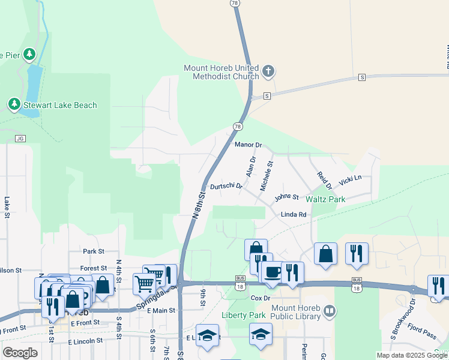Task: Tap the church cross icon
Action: pos(268,72)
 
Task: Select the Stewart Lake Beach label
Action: pos(60,105)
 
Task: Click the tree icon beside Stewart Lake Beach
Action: pos(14,104)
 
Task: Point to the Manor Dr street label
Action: pos(249,145)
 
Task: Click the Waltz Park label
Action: pos(325,199)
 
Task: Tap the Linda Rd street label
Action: pos(294,214)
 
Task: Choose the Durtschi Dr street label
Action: pos(226,186)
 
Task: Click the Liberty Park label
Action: pos(243,315)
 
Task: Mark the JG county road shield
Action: pos(20,139)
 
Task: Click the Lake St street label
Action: pos(8,207)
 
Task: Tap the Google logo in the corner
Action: pos(20,353)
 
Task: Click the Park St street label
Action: pos(94,251)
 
